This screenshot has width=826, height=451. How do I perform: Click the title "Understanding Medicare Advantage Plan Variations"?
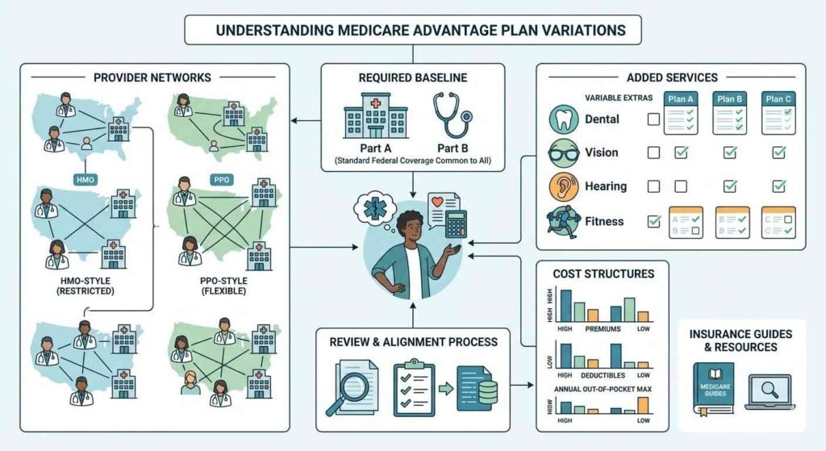413,30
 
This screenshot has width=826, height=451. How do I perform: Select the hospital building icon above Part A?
375,116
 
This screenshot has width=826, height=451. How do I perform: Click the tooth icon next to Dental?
562,119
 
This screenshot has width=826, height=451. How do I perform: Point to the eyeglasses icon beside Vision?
562,152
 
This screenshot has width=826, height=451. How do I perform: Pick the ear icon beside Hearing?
562,186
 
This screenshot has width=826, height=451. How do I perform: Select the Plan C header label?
779,98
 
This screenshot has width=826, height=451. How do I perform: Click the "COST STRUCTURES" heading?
603,274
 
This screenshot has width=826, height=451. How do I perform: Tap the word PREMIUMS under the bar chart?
603,330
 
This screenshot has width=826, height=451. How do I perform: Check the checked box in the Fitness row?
653,220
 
